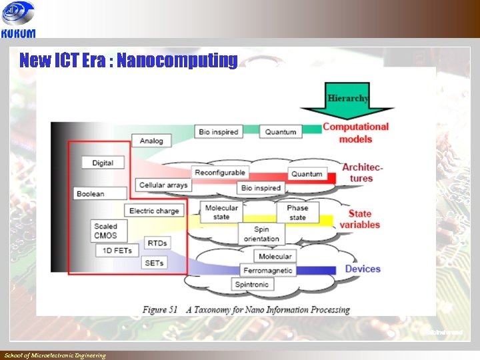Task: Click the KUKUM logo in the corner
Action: click(x=18, y=19)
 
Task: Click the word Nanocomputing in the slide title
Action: click(x=177, y=61)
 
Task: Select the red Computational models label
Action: click(x=355, y=133)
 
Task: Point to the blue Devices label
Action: click(x=363, y=269)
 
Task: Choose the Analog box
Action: click(x=151, y=141)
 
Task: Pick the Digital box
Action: click(x=103, y=163)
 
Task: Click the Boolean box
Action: click(x=90, y=194)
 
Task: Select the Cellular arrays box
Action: click(x=163, y=185)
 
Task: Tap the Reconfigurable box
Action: click(x=220, y=173)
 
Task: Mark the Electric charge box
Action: click(x=154, y=211)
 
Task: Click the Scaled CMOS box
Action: click(x=105, y=231)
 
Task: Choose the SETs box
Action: click(x=154, y=263)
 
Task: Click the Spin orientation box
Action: click(x=261, y=234)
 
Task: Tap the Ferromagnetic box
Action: click(x=268, y=271)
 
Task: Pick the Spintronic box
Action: click(x=251, y=285)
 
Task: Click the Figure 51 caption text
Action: click(x=246, y=309)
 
